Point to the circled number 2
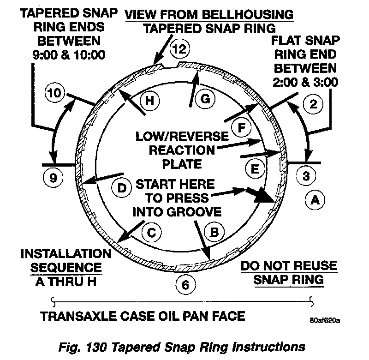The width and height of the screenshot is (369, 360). coord(313,104)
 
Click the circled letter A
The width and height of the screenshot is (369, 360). coord(315,200)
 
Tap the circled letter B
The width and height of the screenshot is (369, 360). coord(214,232)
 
